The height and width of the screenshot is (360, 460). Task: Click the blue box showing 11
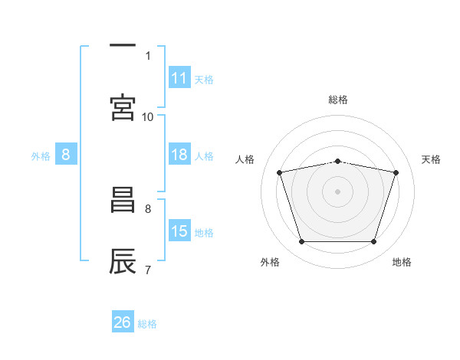point(179,78)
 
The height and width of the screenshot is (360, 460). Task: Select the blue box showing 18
point(179,155)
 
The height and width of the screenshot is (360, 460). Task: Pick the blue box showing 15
point(179,231)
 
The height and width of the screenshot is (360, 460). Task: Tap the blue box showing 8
point(65,155)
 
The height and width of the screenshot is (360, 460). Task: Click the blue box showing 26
point(122,322)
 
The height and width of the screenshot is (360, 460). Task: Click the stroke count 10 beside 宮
point(148,116)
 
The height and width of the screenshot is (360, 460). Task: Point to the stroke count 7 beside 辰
point(148,270)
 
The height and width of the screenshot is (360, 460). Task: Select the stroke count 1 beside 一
point(148,55)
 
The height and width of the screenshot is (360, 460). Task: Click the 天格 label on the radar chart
point(432,159)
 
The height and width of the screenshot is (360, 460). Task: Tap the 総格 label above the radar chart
point(338,100)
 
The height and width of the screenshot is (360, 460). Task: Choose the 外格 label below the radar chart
point(270,262)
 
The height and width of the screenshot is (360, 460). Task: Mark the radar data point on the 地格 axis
point(373,242)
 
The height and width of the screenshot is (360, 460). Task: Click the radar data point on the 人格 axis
point(280,172)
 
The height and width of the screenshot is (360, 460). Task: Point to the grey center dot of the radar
point(338,191)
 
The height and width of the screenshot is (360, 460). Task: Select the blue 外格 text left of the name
point(41,155)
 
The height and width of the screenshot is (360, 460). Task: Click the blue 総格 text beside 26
point(148,323)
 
